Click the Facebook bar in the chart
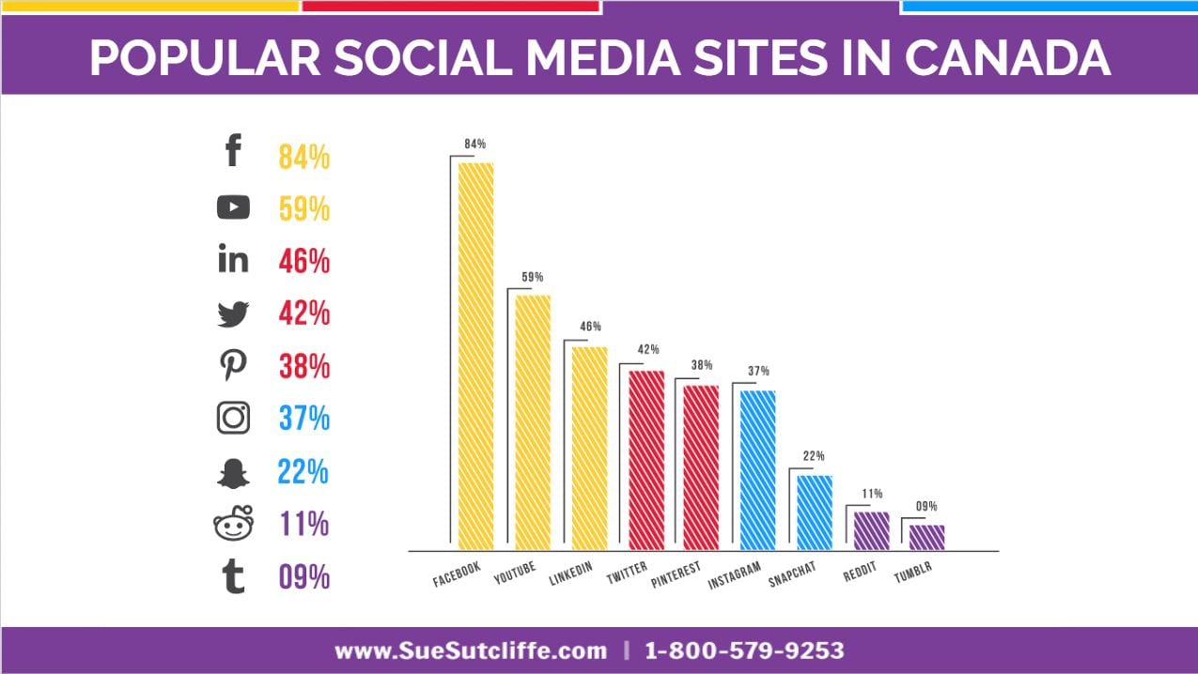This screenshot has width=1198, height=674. coord(475,355)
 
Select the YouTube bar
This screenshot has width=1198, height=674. coord(533,421)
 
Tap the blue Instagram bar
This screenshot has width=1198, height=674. coord(757,468)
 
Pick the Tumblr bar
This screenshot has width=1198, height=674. coord(926,536)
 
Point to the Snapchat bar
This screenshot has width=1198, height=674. coord(815,512)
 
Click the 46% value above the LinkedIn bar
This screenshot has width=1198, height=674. coord(590,327)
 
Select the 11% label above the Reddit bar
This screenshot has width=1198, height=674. coord(872,493)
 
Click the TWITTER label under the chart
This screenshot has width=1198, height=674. coord(627,572)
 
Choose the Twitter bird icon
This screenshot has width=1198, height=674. coord(233,314)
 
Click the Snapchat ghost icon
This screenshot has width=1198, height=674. coord(233,472)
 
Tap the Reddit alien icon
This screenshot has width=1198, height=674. coord(233,524)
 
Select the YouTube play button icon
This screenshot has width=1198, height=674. coord(233,207)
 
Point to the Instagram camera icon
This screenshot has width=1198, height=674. coord(233,418)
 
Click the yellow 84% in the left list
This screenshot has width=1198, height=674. coord(303,157)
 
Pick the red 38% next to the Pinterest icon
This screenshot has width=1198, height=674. coord(303,366)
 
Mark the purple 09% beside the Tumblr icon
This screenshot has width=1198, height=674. coord(303,576)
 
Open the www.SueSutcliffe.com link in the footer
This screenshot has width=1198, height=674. coord(471,651)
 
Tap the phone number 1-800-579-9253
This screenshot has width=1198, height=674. coord(745,651)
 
